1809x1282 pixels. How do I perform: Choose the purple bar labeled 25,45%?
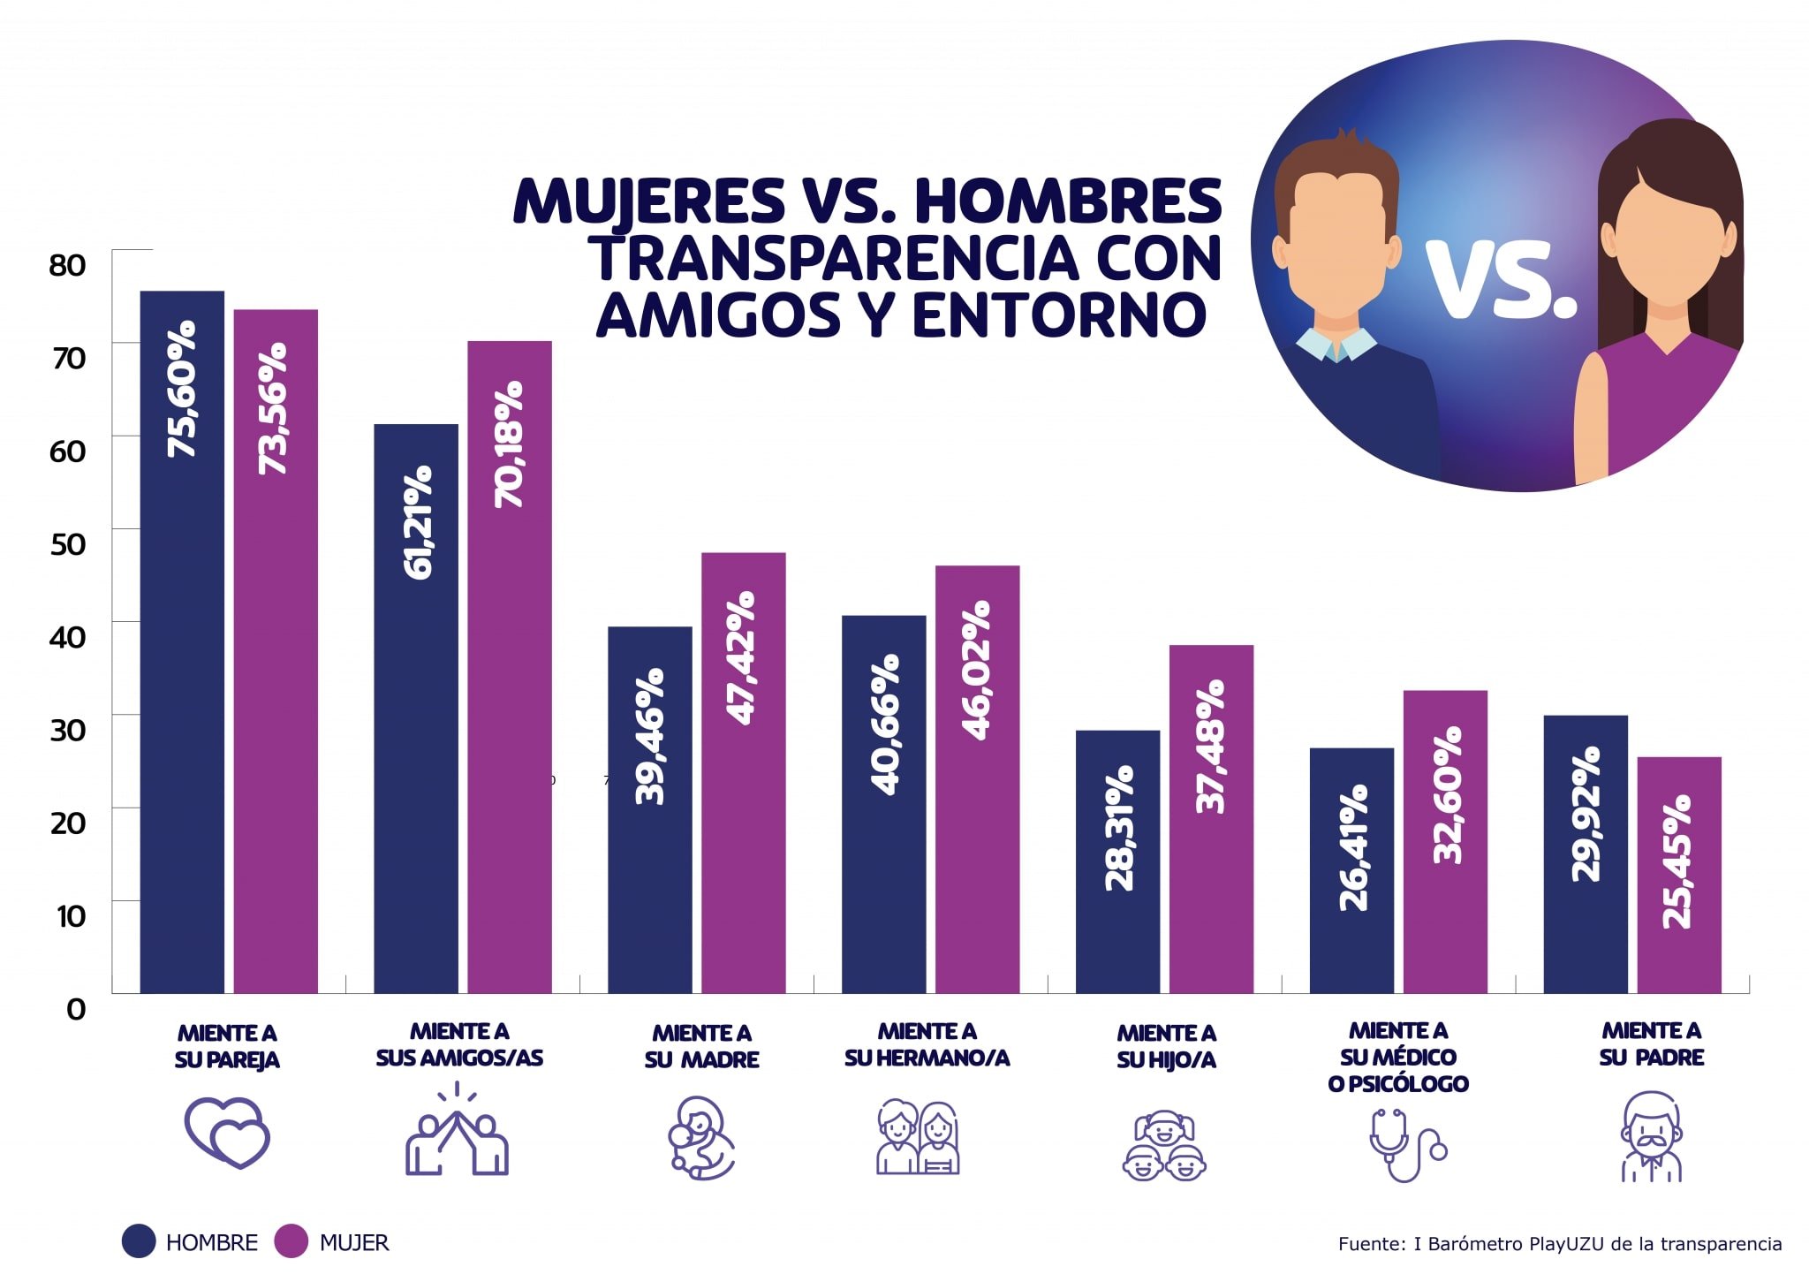tap(1679, 875)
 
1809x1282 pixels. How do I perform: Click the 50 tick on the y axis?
tap(68, 544)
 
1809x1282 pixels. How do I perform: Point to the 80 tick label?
tap(68, 265)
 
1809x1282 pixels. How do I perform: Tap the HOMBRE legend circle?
tap(140, 1241)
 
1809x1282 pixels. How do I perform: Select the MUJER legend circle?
tap(291, 1241)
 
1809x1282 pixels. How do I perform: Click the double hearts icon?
tap(227, 1133)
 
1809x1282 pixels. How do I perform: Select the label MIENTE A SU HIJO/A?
tap(1166, 1046)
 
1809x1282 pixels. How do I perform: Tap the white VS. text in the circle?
tap(1502, 280)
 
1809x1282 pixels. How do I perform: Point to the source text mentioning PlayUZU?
tap(1559, 1244)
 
